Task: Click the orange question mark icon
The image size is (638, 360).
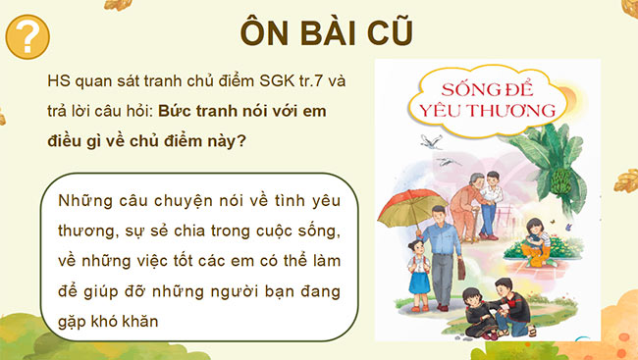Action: (28, 37)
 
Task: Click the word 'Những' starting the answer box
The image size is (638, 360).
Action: (80, 201)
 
